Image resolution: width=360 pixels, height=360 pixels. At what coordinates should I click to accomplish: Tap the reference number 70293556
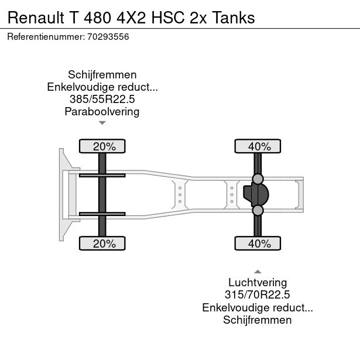tap(108, 37)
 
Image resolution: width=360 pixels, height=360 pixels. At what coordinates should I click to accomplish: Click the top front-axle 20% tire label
tap(102, 146)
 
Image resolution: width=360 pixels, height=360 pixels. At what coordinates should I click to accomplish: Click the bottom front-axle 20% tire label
tap(102, 244)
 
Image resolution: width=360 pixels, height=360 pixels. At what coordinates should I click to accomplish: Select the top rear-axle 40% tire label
tap(258, 146)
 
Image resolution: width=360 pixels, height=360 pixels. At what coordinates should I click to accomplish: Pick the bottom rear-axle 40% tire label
tap(258, 244)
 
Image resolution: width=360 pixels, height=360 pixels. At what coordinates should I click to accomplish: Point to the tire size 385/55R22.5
tap(102, 100)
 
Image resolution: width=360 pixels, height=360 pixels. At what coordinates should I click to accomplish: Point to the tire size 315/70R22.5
tap(258, 295)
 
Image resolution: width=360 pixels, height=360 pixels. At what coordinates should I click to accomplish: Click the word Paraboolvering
tap(102, 112)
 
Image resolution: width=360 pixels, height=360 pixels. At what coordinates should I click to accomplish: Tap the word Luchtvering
tap(258, 283)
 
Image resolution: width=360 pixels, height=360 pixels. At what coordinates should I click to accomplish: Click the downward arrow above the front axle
tap(102, 123)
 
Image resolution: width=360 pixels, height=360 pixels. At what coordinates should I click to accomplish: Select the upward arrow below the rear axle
tap(258, 271)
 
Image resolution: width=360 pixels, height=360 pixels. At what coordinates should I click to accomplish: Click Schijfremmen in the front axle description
tap(102, 75)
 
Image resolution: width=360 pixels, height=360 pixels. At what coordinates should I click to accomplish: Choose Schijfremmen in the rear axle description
tap(258, 320)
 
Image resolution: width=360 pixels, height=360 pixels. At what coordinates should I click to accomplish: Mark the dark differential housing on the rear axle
tap(256, 194)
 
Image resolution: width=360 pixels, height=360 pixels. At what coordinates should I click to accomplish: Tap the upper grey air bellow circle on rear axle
tap(258, 179)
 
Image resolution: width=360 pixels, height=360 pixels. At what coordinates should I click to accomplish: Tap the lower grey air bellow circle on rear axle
tap(258, 210)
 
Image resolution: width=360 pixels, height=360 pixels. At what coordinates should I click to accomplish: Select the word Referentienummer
tap(44, 37)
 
